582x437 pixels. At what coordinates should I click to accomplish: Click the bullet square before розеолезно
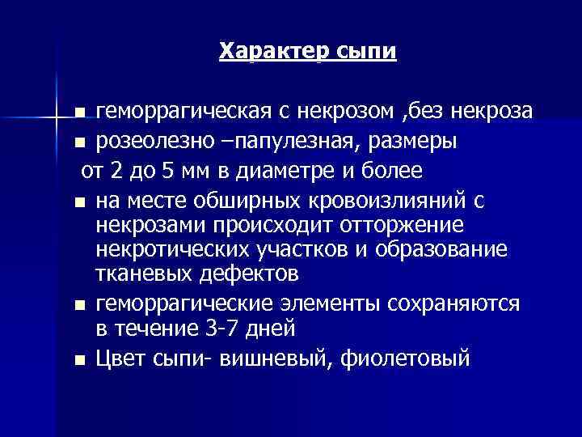[x=78, y=143]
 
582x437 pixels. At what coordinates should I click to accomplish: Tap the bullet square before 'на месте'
[x=78, y=201]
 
